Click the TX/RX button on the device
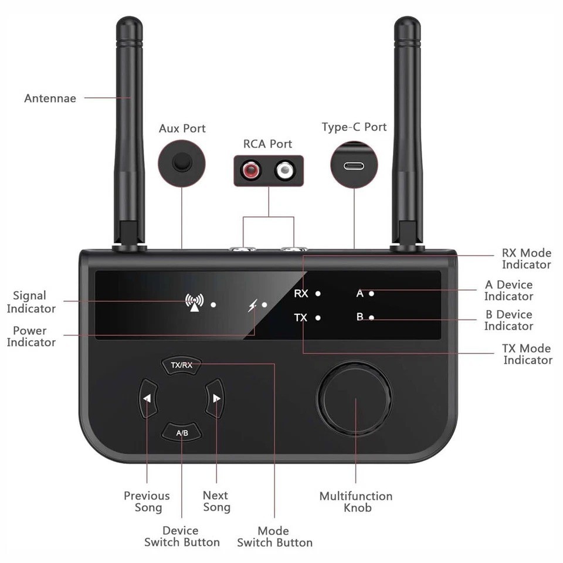(181, 365)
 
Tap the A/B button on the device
(182, 433)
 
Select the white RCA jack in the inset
(285, 171)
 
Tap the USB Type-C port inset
(354, 165)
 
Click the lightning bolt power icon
(253, 305)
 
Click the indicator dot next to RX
(318, 293)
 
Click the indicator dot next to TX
(318, 318)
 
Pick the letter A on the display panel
(360, 293)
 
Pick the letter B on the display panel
(360, 317)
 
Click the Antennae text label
(50, 99)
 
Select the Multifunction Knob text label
(356, 502)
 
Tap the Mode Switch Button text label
(274, 537)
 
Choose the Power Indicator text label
(30, 337)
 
